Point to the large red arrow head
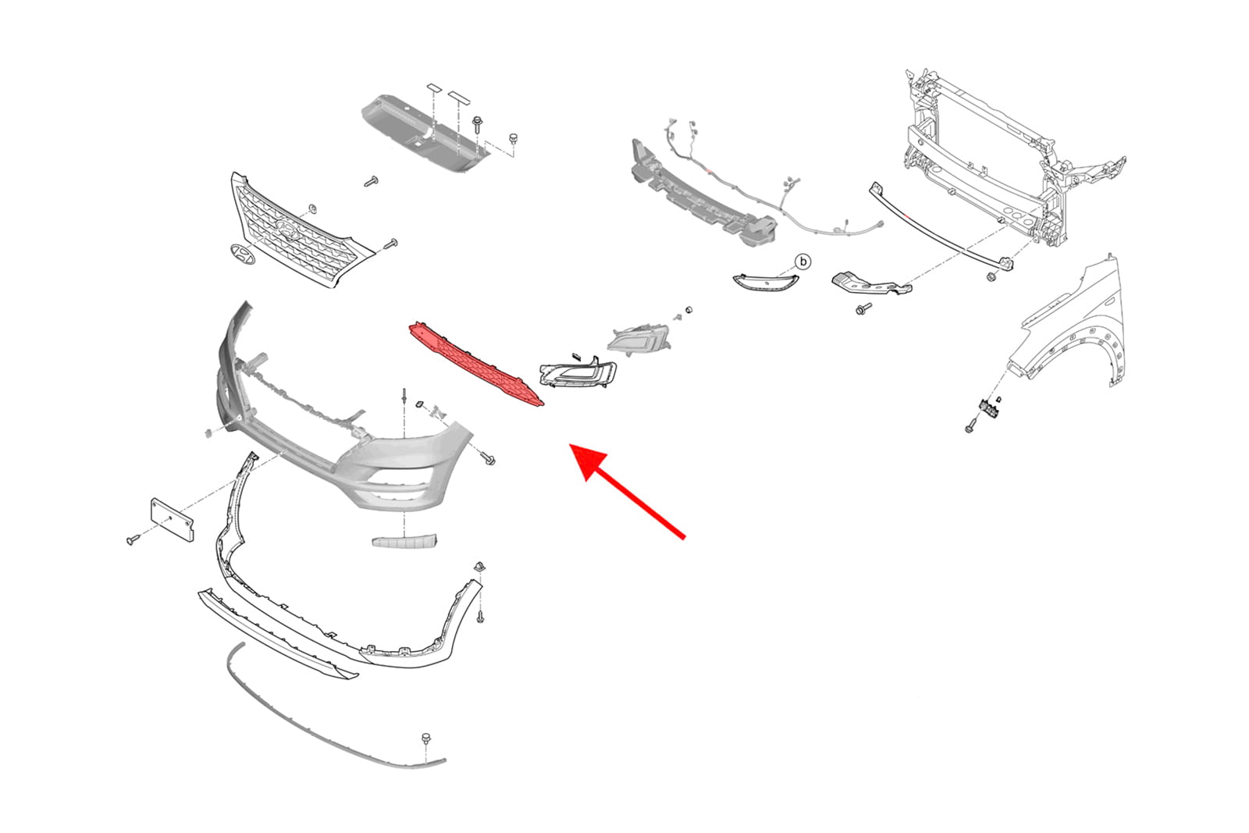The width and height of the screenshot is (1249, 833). (x=589, y=464)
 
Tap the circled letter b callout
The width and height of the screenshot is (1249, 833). (x=803, y=262)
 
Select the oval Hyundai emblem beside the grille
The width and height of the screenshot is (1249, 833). (x=242, y=254)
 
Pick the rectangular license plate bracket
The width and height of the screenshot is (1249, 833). (x=173, y=520)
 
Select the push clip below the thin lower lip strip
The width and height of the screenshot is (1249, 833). (x=426, y=739)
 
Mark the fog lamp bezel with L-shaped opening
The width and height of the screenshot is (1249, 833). (x=578, y=372)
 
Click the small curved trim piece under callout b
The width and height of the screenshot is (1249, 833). (x=765, y=283)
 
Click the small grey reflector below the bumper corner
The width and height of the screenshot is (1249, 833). (x=405, y=541)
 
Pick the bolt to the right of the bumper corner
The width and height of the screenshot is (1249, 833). (x=489, y=459)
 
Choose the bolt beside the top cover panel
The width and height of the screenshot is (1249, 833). (x=477, y=125)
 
